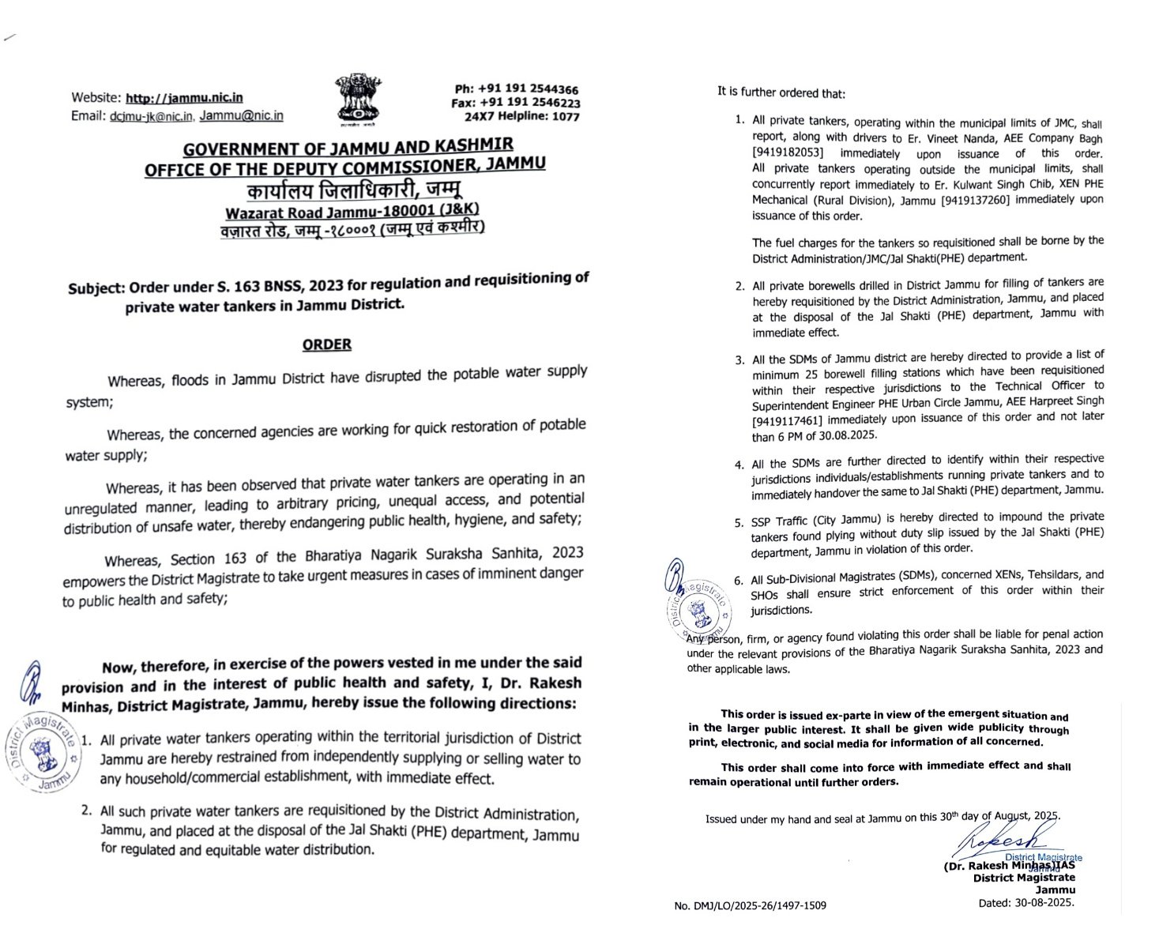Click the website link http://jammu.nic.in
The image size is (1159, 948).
click(x=185, y=98)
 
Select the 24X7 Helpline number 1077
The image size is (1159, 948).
click(x=566, y=117)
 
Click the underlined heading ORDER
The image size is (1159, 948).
click(x=327, y=344)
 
